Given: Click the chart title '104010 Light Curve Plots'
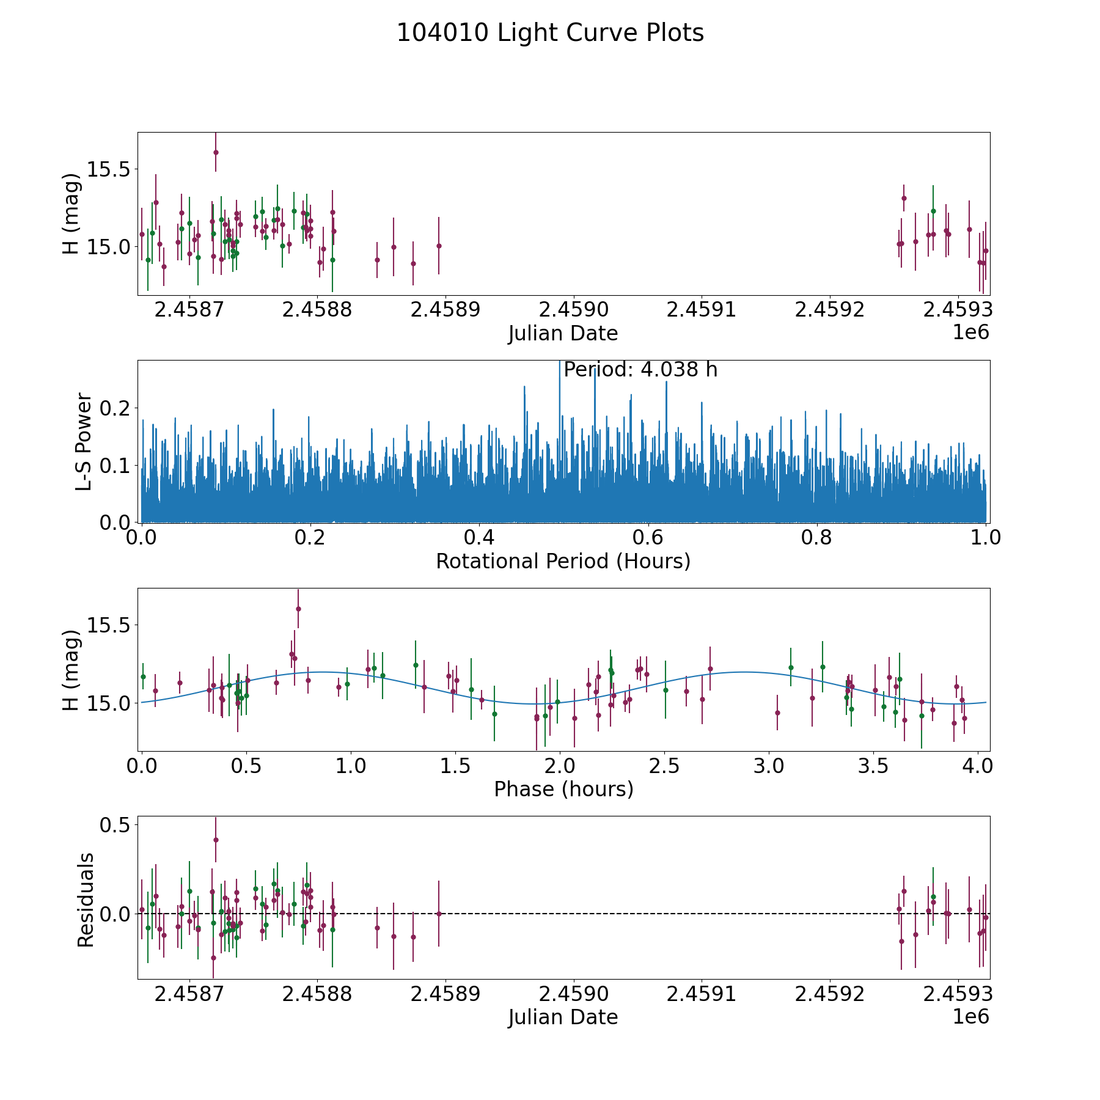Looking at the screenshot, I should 550,33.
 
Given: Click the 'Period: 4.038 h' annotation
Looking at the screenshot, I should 640,370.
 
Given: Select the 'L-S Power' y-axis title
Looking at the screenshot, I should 84,441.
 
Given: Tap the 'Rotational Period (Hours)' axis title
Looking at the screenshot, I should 563,561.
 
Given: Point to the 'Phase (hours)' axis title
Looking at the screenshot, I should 563,789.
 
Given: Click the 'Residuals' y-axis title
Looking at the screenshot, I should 86,900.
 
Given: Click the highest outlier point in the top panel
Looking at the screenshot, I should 216,152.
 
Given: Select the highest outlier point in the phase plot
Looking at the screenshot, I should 298,609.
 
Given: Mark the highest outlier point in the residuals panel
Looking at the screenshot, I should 216,840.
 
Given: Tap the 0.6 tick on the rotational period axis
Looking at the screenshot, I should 648,538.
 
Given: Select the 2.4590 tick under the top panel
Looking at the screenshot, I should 573,310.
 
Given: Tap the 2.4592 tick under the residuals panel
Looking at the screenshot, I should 829,994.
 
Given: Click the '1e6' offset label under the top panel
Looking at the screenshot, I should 970,332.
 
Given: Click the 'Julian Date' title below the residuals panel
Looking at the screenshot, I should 563,1017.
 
